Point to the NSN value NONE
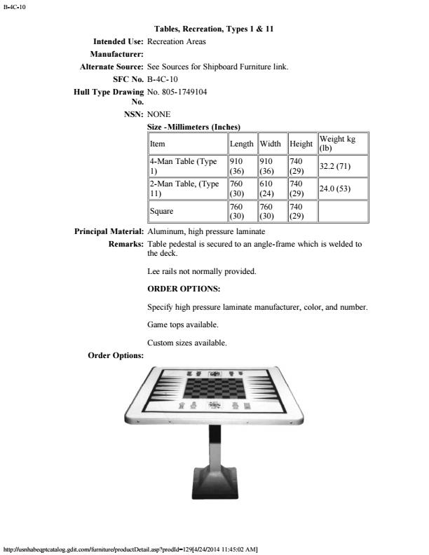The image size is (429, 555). click(x=159, y=114)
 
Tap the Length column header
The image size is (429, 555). click(x=242, y=144)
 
